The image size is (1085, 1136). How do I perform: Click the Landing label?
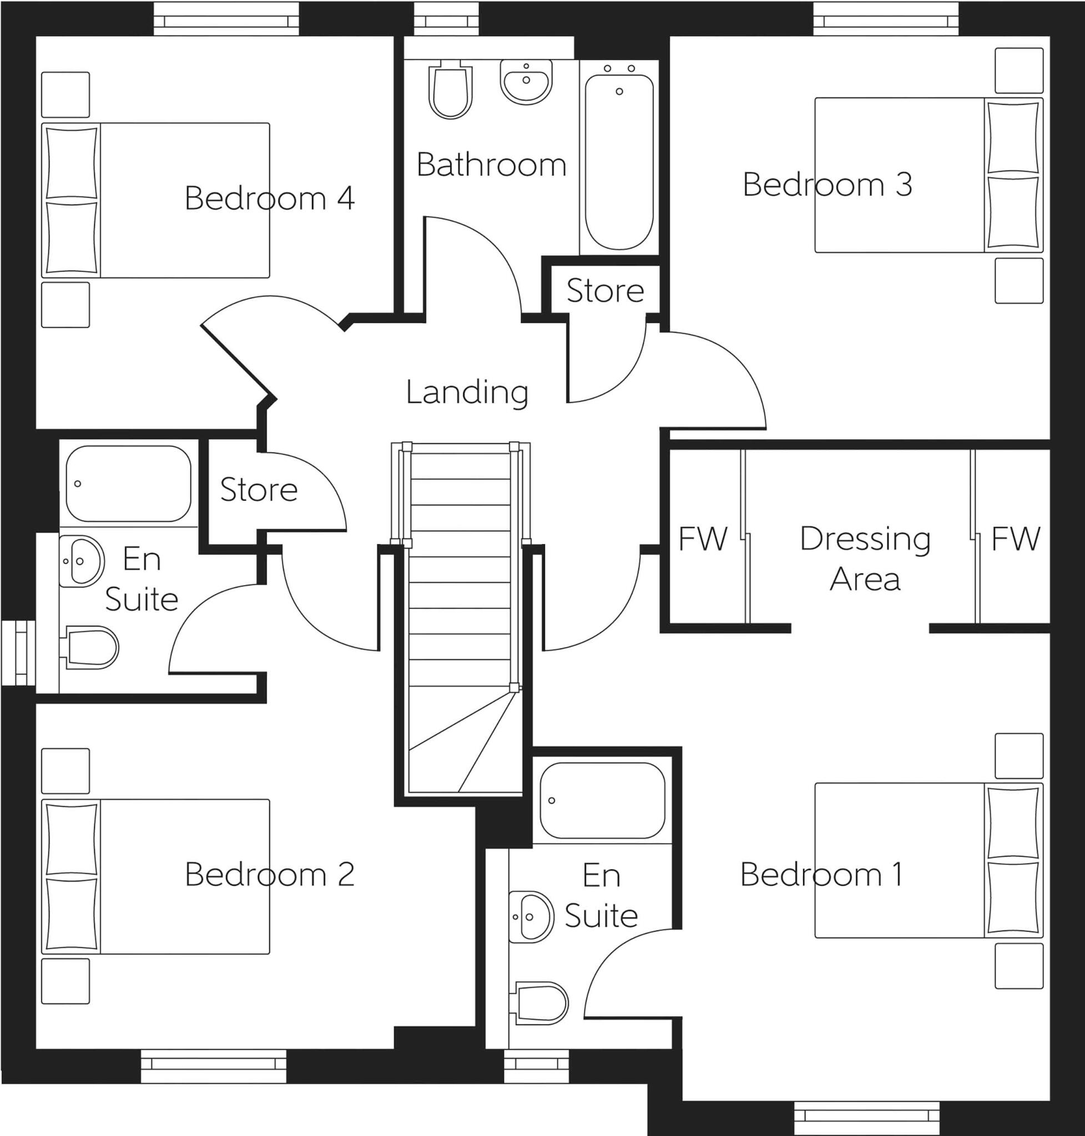(467, 392)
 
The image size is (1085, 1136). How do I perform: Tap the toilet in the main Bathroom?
(450, 92)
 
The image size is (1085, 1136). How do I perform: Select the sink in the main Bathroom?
(525, 82)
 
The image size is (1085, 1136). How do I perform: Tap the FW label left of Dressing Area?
(703, 539)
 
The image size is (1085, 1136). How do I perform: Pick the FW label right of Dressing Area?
(1016, 539)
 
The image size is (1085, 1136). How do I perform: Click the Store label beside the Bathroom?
(605, 290)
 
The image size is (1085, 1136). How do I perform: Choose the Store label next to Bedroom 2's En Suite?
(259, 490)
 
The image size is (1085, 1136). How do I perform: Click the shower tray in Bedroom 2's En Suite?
(128, 483)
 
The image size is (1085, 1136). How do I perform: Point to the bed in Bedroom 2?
(155, 876)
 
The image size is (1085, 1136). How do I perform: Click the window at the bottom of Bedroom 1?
(866, 1118)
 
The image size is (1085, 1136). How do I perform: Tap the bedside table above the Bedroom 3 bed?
(1018, 70)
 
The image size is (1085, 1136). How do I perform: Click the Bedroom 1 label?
(821, 874)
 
